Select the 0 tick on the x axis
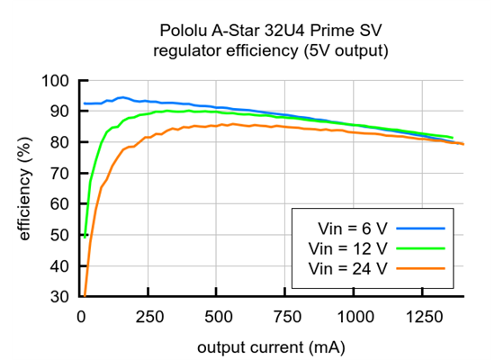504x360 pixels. (82, 316)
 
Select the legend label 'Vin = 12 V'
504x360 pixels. (346, 247)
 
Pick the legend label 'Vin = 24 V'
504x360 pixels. (346, 267)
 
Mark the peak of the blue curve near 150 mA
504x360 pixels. (121, 97)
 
